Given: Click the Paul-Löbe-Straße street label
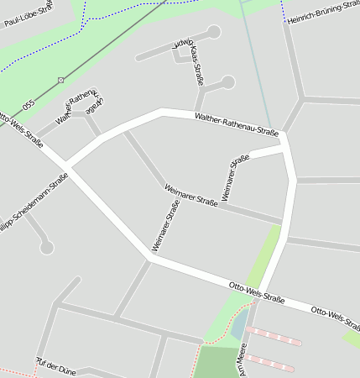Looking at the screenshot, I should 23,16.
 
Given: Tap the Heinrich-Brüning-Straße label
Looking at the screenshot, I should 324,11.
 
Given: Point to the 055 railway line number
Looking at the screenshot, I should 29,105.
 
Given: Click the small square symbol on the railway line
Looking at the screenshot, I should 60,80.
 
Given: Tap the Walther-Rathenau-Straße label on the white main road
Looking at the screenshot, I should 236,125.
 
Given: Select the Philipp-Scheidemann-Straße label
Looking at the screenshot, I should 34,205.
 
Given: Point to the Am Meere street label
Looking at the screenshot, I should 243,360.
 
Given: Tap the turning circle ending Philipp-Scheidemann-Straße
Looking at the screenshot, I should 47,248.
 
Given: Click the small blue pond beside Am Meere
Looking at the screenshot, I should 239,324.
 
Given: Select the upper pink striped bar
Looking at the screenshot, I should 274,336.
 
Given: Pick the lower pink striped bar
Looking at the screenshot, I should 269,363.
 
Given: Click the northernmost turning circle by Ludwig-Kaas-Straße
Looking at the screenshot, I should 214,32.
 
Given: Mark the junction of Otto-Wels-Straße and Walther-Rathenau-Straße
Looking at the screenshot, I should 68,166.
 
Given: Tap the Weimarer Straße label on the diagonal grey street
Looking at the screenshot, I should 191,194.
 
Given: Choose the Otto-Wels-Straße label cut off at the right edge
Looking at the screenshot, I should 335,316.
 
